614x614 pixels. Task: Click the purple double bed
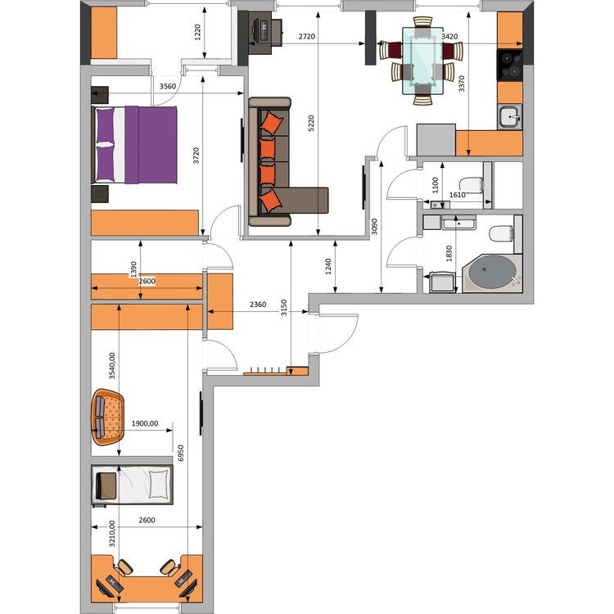tap(134, 144)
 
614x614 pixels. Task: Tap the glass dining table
tap(423, 61)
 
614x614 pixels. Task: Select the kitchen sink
tap(510, 117)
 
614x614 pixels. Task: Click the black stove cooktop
tap(510, 65)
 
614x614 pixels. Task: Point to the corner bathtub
tap(492, 273)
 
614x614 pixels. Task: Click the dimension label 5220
tap(311, 123)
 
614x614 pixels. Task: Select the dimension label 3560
tap(168, 86)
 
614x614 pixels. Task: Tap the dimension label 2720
tap(307, 36)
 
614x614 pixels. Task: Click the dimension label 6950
tap(181, 453)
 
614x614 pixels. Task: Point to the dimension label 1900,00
tap(145, 423)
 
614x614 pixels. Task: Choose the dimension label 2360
tap(258, 305)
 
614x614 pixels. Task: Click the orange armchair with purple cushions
tap(108, 417)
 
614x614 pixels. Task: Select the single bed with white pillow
tap(133, 485)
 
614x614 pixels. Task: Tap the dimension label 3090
tap(374, 226)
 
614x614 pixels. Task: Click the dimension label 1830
tap(449, 253)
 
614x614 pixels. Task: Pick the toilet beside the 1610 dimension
tap(471, 185)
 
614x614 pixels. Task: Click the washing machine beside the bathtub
tap(443, 282)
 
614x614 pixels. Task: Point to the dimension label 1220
tap(198, 32)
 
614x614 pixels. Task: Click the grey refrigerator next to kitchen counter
tap(436, 140)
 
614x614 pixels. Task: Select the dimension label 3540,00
tap(112, 366)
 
